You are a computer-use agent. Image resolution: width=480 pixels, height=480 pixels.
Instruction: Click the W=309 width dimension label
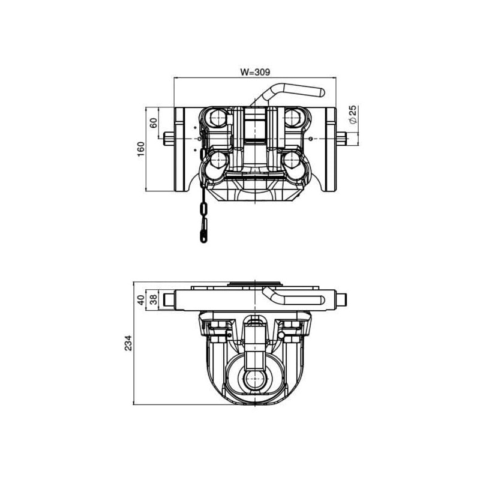coord(255,72)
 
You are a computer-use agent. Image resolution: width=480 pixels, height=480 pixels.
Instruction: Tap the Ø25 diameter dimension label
coord(353,114)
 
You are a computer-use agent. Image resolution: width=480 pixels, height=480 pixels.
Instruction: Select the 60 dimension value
coord(154,123)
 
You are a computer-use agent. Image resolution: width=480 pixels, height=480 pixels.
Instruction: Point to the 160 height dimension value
coord(140,149)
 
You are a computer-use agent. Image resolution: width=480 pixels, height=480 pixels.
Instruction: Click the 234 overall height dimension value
coord(128,343)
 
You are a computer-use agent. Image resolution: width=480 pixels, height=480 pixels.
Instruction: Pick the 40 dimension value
coord(141,299)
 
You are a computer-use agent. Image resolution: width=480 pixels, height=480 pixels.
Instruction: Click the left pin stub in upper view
coord(169,139)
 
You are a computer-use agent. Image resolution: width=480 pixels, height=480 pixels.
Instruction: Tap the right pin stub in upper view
coord(341,139)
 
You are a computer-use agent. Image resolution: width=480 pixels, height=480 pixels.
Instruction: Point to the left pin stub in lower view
coord(169,299)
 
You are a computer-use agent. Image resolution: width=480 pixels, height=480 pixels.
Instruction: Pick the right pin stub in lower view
coord(341,299)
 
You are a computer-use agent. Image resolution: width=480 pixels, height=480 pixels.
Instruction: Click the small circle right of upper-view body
coord(311,139)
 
